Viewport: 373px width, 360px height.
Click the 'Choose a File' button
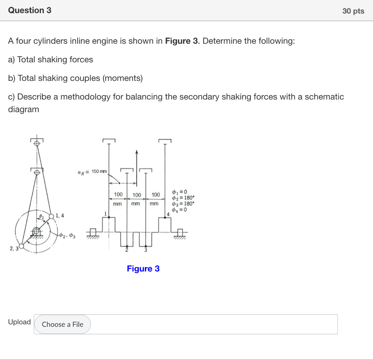tap(62, 324)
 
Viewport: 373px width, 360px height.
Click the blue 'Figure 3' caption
tap(143, 269)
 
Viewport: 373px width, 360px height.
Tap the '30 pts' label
tap(353, 11)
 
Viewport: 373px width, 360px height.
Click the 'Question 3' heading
tap(30, 10)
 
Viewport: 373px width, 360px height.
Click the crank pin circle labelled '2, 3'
tap(21, 247)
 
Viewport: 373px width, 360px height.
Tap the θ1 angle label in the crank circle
tap(42, 217)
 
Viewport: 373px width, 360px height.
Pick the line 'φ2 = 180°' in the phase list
tap(184, 198)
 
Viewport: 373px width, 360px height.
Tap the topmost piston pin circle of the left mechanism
tap(36, 143)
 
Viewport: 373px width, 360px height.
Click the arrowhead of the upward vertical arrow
tap(137, 152)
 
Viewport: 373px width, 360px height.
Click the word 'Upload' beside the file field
tap(19, 322)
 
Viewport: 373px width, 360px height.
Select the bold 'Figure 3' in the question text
tap(182, 41)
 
